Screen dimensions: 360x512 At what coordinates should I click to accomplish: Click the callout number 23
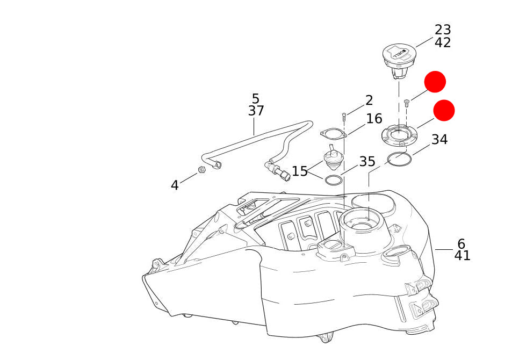tap(443, 30)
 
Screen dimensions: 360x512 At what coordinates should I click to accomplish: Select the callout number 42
tap(443, 43)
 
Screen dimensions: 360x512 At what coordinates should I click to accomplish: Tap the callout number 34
tap(439, 140)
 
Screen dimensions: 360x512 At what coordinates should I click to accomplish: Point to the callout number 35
tap(367, 162)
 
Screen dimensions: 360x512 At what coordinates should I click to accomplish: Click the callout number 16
tap(374, 119)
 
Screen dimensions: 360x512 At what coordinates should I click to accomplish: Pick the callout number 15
tap(299, 172)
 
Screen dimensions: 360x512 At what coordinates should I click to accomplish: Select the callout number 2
tap(369, 100)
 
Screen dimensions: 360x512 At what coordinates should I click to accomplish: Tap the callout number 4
tap(175, 186)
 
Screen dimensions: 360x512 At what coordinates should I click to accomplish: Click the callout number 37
tap(256, 111)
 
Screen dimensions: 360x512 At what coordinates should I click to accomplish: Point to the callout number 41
tap(462, 256)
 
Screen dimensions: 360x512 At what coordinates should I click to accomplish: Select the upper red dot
tap(435, 82)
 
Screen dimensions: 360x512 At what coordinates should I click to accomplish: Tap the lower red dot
tap(444, 110)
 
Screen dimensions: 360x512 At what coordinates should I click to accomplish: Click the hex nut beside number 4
tap(202, 170)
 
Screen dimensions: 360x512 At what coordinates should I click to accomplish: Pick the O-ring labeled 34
tap(400, 159)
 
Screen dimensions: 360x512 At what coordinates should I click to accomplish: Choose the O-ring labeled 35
tap(334, 180)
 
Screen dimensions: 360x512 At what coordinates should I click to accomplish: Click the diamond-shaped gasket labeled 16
tap(333, 133)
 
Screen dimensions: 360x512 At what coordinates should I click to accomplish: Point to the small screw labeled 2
tap(344, 115)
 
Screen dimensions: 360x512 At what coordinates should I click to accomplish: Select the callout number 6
tap(461, 244)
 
